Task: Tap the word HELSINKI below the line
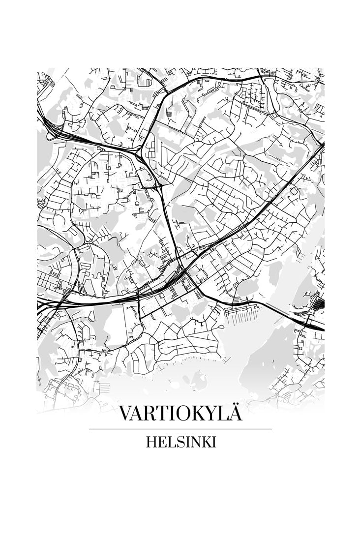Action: click(x=180, y=442)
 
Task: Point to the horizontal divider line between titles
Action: click(x=180, y=429)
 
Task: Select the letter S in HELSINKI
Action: click(x=178, y=442)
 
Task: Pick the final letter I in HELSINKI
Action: click(x=213, y=442)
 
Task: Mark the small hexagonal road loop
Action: click(x=188, y=281)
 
